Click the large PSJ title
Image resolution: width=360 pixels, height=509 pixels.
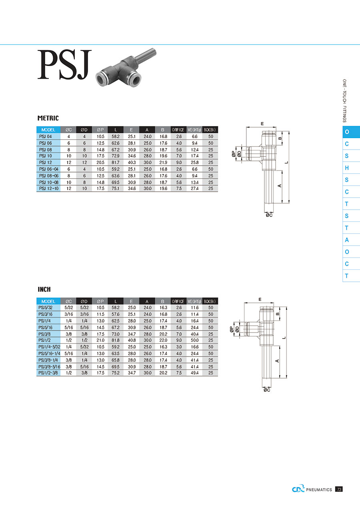[64, 65]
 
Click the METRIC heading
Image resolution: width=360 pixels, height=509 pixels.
[48, 118]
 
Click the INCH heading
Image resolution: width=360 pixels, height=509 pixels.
[44, 289]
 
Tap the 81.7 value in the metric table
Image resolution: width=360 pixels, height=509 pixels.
[115, 162]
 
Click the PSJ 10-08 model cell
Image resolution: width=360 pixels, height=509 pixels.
[49, 182]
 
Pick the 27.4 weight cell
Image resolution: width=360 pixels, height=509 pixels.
[195, 188]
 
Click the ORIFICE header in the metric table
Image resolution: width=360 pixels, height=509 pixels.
[178, 130]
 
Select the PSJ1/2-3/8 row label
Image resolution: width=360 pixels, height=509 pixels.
[48, 373]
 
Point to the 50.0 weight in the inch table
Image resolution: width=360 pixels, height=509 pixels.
[195, 340]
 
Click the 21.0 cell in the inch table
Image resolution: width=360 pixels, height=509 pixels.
[100, 340]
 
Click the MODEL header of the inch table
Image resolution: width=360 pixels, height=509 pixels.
[48, 301]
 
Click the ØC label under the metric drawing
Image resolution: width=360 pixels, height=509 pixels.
[269, 215]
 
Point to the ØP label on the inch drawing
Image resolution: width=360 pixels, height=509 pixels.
[232, 329]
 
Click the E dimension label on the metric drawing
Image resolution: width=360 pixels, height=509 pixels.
[262, 124]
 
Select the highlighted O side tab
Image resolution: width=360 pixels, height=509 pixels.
[351, 132]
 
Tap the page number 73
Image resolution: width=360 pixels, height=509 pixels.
[339, 489]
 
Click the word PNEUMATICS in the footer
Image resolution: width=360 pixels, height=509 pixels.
[319, 490]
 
